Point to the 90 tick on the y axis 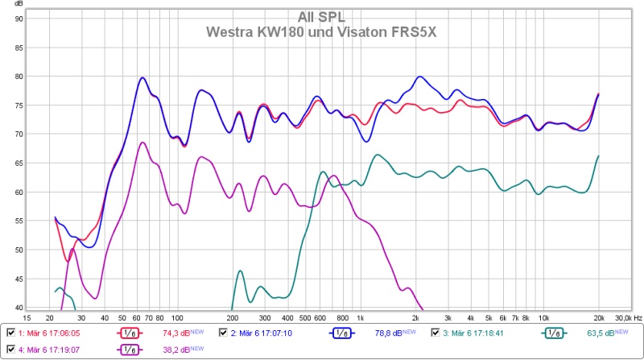click(x=19, y=19)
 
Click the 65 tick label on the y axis click(x=19, y=163)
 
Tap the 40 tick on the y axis click(x=19, y=307)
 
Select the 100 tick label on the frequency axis click(x=177, y=318)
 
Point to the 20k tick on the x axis click(x=598, y=318)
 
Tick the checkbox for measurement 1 click(x=10, y=333)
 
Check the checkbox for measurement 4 click(x=10, y=350)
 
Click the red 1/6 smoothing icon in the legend click(x=128, y=333)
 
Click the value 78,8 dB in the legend click(x=381, y=333)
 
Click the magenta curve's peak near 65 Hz click(x=142, y=143)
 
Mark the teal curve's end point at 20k click(x=598, y=156)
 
